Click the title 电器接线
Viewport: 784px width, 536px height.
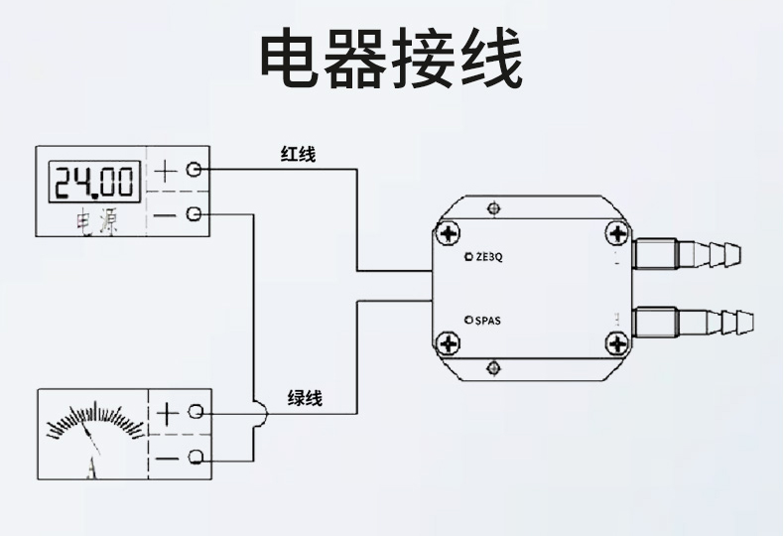click(x=391, y=61)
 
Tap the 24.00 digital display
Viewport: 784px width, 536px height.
click(x=93, y=182)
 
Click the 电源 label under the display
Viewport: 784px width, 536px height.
click(x=97, y=223)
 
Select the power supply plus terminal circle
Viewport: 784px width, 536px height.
click(x=195, y=170)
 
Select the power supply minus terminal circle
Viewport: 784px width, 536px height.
click(x=195, y=213)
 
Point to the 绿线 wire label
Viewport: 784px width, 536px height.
click(x=305, y=399)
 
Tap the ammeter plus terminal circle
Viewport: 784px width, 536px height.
click(x=196, y=411)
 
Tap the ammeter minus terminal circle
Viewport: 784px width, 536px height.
click(x=196, y=457)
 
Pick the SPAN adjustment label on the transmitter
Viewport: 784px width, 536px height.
click(x=485, y=320)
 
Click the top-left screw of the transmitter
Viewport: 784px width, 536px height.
click(x=451, y=234)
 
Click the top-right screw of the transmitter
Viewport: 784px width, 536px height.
click(x=617, y=234)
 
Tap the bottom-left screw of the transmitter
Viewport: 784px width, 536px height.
click(x=451, y=344)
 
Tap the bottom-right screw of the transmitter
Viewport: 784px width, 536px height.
click(x=617, y=344)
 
